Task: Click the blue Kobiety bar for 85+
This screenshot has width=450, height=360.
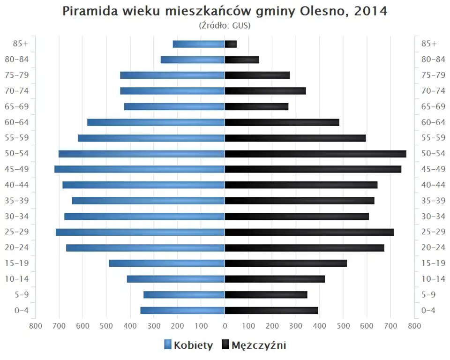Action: click(x=199, y=44)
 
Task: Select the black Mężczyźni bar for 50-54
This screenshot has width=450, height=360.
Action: click(x=315, y=154)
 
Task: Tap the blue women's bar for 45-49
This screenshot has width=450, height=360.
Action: click(x=140, y=169)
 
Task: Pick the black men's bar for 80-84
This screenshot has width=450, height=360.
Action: click(x=242, y=60)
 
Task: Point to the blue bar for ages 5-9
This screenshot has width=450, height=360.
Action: click(x=184, y=294)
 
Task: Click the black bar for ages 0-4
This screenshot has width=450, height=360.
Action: click(x=271, y=310)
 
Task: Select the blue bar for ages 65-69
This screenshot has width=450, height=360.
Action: click(x=174, y=106)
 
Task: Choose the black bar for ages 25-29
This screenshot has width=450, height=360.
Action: click(x=309, y=232)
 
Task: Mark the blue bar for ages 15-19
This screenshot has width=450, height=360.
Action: click(x=167, y=263)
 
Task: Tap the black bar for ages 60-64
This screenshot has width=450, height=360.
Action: click(x=282, y=122)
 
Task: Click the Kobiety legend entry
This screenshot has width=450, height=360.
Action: click(x=188, y=345)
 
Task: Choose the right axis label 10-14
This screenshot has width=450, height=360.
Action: click(x=433, y=279)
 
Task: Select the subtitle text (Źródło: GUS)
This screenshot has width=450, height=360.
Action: click(x=225, y=25)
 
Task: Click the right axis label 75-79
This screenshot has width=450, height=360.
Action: click(x=433, y=75)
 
